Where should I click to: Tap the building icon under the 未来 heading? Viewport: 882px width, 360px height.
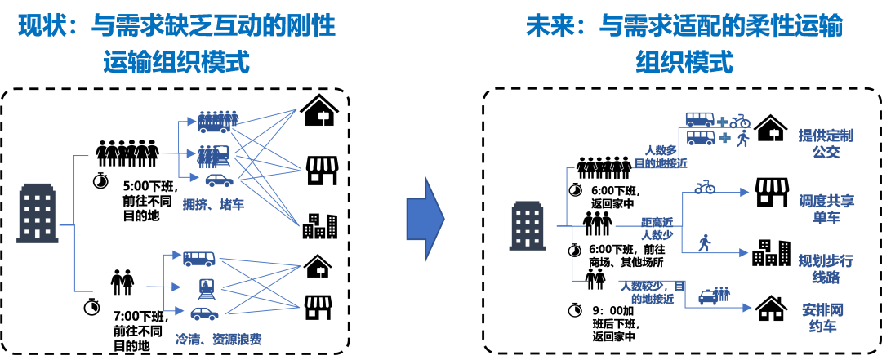(x=527, y=226)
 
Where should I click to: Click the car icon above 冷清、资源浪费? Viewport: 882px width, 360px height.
(x=204, y=313)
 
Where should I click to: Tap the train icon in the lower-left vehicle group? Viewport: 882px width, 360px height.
(x=205, y=287)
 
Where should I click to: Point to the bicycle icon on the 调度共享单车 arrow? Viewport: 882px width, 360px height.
(x=705, y=189)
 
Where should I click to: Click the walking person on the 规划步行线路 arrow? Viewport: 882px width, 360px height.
(x=703, y=242)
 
